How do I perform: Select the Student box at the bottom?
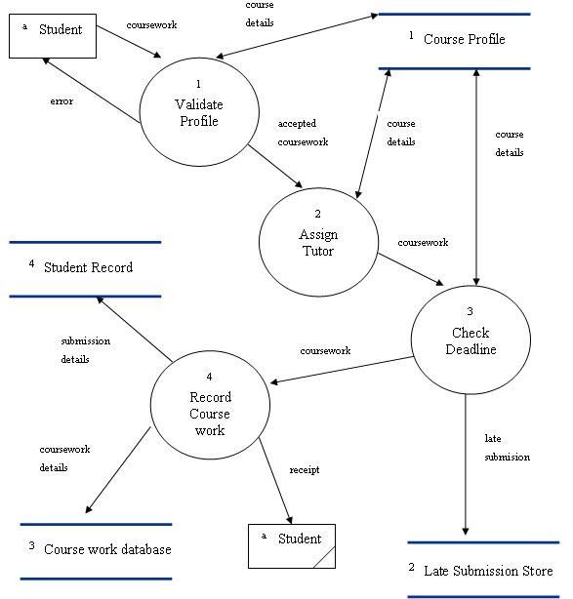coord(292,545)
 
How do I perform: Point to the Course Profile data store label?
coord(464,40)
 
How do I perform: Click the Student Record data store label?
coord(88,267)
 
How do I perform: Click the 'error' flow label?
coord(61,100)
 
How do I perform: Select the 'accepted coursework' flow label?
coord(303,133)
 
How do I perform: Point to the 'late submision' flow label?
coord(507,448)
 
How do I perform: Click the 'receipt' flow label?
coord(305,469)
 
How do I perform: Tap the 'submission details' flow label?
coord(85,350)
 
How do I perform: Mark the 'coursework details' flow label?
coord(64,459)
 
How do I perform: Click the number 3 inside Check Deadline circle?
coord(470,311)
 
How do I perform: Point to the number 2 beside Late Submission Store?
coord(411,568)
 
